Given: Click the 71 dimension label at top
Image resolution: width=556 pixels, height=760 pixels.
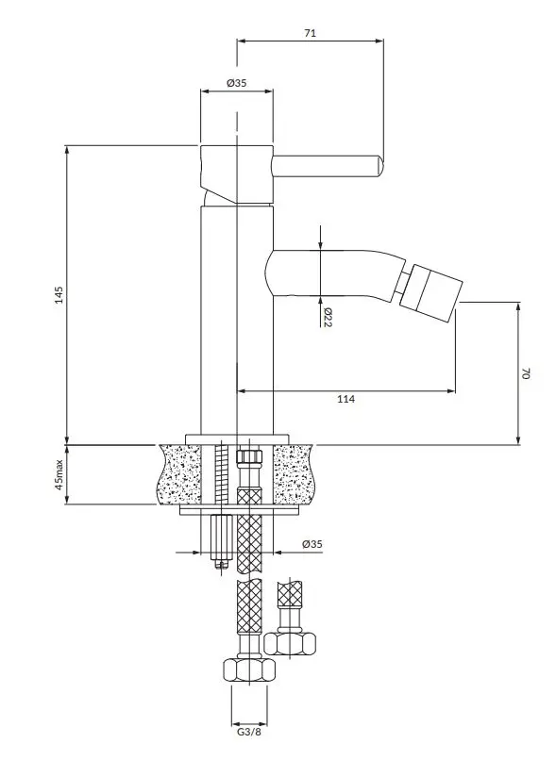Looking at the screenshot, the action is tap(310, 33).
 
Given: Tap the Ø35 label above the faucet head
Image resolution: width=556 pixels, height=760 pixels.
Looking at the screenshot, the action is tap(237, 83).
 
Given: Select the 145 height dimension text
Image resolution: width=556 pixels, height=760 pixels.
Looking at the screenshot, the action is tap(59, 295).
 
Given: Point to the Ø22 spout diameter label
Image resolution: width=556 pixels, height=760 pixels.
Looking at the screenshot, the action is tap(327, 317).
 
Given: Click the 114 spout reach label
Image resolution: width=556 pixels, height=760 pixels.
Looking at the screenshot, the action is tap(345, 399).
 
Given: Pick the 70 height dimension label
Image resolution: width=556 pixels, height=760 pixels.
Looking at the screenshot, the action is tap(527, 373).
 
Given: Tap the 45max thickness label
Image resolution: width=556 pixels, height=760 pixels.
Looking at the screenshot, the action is tap(59, 474).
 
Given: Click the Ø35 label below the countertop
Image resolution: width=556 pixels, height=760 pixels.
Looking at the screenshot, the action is tap(312, 544).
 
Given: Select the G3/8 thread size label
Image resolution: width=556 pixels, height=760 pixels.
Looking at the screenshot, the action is tap(249, 732).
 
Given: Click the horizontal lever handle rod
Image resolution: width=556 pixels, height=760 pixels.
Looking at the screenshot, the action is tap(328, 166).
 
